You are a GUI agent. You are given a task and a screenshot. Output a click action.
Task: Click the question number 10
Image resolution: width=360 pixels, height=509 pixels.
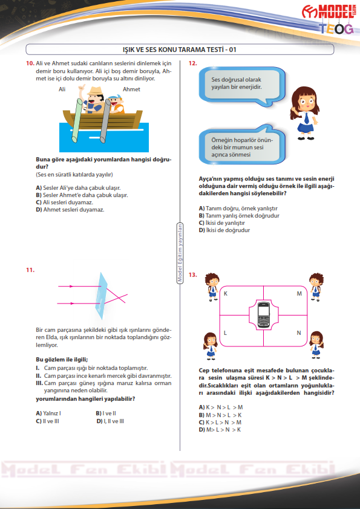click(x=30, y=63)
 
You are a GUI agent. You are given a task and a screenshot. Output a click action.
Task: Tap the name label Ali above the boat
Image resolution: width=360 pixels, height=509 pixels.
click(x=62, y=89)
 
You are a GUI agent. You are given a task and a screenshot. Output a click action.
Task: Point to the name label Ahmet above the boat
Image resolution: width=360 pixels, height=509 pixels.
click(x=131, y=89)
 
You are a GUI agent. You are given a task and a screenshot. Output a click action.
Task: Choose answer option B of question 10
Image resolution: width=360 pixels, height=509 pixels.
click(x=82, y=195)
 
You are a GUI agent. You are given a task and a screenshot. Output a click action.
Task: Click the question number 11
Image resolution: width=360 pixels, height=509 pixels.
click(x=30, y=270)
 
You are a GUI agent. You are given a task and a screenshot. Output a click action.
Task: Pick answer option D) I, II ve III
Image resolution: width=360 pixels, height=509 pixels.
click(x=110, y=421)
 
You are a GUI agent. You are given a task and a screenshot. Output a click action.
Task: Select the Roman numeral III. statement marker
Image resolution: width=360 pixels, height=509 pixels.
click(x=39, y=383)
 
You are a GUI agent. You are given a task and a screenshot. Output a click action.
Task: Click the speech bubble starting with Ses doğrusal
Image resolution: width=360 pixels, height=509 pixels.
click(x=242, y=86)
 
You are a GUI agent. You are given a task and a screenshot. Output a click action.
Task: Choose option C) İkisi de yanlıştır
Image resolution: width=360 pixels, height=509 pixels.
click(x=222, y=223)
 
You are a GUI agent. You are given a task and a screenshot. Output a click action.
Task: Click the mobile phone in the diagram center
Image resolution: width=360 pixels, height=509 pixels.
click(x=263, y=315)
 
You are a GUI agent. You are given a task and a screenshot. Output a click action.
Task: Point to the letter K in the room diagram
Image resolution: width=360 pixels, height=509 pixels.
click(x=226, y=294)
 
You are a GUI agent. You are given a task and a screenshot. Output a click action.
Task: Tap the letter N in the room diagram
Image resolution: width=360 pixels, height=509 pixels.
click(x=299, y=332)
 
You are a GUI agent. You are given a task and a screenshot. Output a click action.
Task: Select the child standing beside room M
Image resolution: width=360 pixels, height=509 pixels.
click(x=315, y=287)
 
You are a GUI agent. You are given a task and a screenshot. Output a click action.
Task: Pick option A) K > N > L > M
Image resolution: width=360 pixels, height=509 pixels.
click(x=221, y=407)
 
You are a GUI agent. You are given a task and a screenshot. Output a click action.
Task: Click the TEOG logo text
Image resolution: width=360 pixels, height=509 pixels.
click(x=336, y=29)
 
